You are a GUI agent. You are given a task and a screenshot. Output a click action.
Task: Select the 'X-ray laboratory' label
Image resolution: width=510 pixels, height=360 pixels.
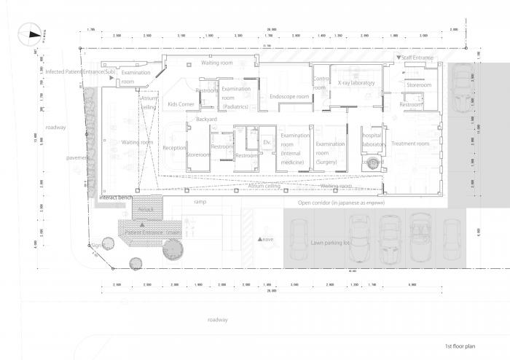pyautogui.click(x=356, y=84)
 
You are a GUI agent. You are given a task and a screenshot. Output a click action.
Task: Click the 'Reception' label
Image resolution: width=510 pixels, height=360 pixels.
pyautogui.click(x=174, y=148)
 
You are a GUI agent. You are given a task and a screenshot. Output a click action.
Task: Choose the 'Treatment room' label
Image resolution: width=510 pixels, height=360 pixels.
pyautogui.click(x=411, y=144)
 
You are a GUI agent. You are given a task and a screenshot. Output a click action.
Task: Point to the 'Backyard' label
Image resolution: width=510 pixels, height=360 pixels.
pyautogui.click(x=207, y=119)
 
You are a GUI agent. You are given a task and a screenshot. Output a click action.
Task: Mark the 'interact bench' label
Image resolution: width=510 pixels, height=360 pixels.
pyautogui.click(x=115, y=197)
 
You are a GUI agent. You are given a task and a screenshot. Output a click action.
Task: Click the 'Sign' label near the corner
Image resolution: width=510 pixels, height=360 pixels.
pyautogui.click(x=96, y=246)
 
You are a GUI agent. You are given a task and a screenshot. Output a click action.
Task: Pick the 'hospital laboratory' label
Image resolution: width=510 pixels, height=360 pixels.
pyautogui.click(x=374, y=140)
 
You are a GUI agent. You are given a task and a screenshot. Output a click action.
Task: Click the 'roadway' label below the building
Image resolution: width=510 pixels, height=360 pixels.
pyautogui.click(x=216, y=320)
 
